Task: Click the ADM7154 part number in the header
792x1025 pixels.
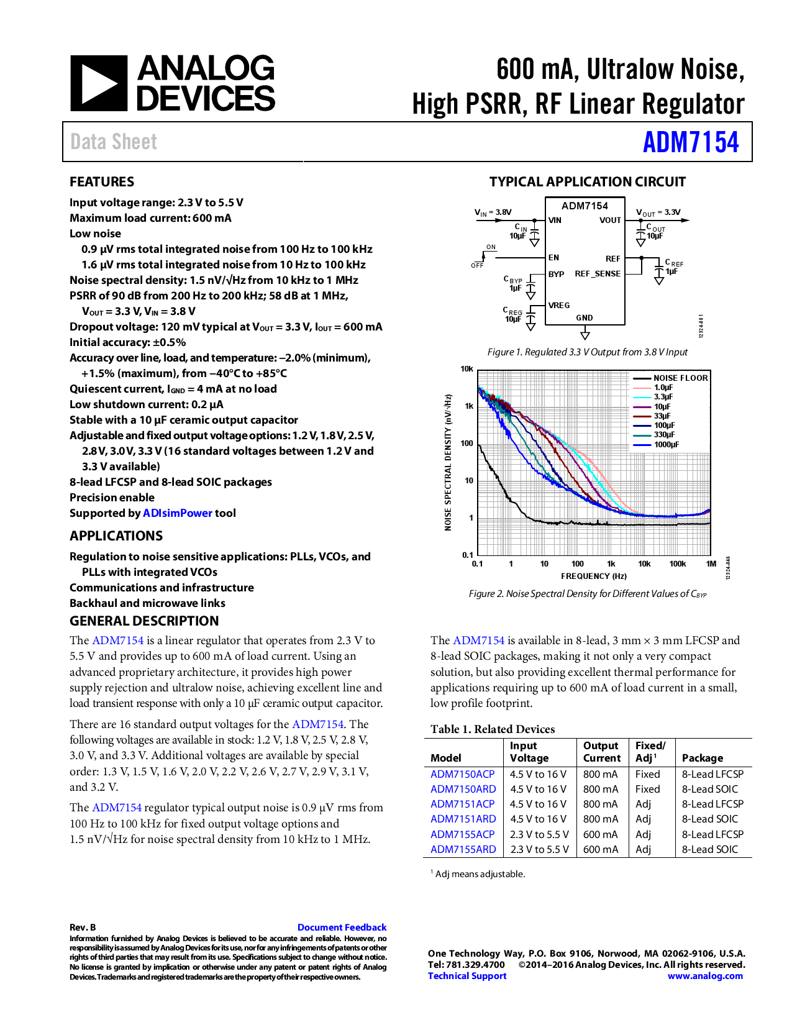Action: pos(690,142)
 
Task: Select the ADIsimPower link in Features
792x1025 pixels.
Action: pos(178,513)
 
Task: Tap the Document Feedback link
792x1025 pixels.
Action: pos(342,927)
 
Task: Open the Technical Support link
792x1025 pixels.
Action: pos(467,976)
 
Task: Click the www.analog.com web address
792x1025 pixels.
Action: pos(704,976)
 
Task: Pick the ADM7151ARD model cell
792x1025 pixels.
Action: pos(463,819)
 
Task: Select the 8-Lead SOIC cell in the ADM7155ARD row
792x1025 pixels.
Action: pos(709,849)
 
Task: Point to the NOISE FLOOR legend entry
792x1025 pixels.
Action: pos(680,378)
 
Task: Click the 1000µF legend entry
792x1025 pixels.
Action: pos(666,444)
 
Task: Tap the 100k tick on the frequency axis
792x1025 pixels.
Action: pos(677,564)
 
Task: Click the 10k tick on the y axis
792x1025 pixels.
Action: pos(467,369)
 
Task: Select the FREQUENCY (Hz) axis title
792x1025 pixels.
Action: pos(593,576)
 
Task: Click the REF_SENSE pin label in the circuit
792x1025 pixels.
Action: pos(597,273)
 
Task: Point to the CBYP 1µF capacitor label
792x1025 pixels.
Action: pos(514,284)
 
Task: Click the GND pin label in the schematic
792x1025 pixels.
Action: pos(584,317)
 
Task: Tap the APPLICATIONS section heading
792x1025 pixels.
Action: pos(116,535)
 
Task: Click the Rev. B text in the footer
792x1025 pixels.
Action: pos(83,927)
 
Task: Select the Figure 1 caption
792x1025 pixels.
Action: pos(587,352)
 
